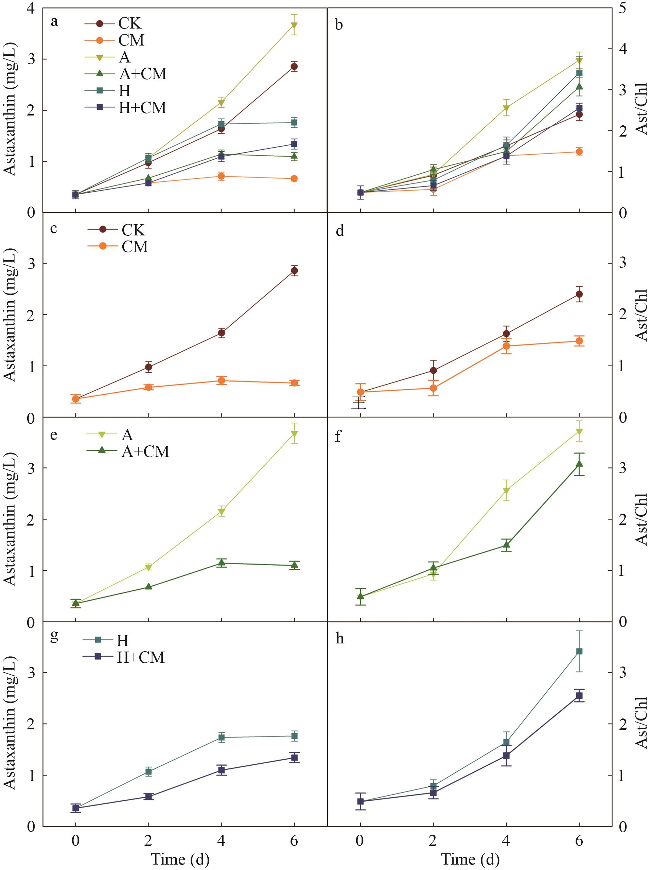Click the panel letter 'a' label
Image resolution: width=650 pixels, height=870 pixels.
pos(54,22)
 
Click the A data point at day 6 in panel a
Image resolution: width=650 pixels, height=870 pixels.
pos(294,25)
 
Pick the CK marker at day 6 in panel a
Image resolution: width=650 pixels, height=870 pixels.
pos(294,66)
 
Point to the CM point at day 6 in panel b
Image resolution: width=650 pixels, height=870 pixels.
pos(579,152)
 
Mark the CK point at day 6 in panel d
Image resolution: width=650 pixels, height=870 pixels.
pos(579,294)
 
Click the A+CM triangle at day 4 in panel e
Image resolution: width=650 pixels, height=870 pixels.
pos(222,563)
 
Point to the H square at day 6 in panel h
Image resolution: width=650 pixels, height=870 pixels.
pos(579,652)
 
